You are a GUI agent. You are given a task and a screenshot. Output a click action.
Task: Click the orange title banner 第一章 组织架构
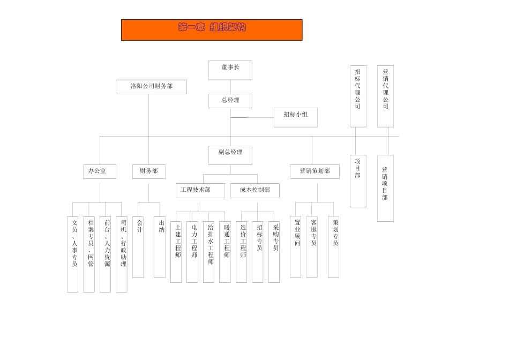click(x=212, y=30)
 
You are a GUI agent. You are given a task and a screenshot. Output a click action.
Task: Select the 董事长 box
click(x=230, y=70)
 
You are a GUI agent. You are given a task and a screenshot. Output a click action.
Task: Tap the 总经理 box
click(x=230, y=101)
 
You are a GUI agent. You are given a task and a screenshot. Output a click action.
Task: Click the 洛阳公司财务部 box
click(x=151, y=87)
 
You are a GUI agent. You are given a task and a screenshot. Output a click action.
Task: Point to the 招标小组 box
click(x=295, y=117)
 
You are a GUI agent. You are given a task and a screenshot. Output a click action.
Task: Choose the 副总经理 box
click(x=230, y=155)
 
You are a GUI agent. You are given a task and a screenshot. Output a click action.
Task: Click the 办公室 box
click(x=100, y=171)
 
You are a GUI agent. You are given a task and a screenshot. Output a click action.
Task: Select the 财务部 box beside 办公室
click(x=149, y=171)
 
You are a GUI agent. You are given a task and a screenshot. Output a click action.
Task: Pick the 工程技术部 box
click(x=200, y=190)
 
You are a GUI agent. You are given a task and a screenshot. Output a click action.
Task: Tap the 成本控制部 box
click(x=255, y=190)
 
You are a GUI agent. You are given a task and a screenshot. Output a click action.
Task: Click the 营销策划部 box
click(x=315, y=171)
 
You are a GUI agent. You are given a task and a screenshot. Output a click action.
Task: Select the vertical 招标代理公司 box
click(x=358, y=96)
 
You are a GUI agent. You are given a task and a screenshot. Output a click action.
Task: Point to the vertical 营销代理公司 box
click(x=385, y=96)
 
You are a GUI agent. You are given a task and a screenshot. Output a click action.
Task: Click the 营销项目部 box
click(x=385, y=188)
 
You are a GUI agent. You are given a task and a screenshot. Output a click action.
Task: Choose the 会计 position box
click(x=138, y=247)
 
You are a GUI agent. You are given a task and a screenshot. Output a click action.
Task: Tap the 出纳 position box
click(x=160, y=247)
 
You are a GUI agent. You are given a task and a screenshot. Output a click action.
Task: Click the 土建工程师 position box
click(x=176, y=252)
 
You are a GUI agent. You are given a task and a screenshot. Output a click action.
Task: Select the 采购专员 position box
click(x=274, y=252)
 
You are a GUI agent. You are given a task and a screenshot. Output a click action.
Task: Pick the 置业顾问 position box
click(x=296, y=247)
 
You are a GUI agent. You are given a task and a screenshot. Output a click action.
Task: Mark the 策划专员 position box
click(x=333, y=247)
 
